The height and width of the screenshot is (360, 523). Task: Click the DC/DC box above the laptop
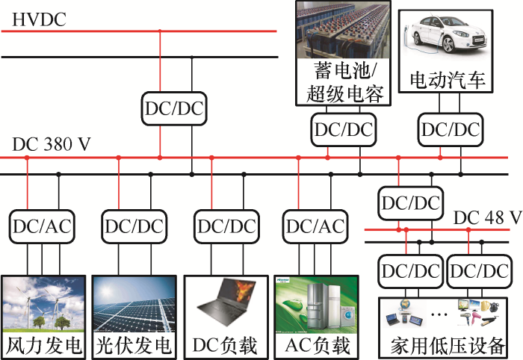226,226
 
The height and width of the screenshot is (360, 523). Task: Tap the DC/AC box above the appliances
315,226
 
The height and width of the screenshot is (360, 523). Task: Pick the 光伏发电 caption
134,346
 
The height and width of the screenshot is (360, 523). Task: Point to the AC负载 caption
317,346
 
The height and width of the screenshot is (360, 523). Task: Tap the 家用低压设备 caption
447,347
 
